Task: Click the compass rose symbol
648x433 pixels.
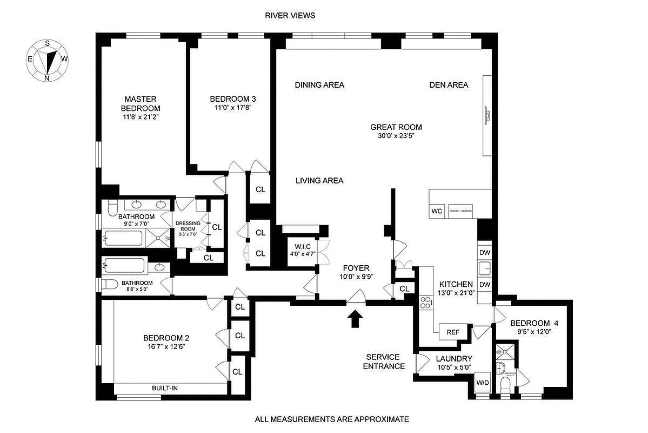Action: tap(48, 60)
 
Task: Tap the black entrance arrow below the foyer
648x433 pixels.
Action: tap(355, 319)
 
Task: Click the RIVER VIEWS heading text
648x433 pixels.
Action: tap(290, 16)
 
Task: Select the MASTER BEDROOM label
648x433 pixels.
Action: tap(141, 103)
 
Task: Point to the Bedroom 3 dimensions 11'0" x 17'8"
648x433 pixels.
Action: tap(232, 108)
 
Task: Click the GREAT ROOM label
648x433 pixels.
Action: tap(396, 127)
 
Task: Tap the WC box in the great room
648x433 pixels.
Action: tap(437, 211)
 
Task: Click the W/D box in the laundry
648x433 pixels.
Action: tap(482, 383)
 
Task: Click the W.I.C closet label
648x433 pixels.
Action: tap(301, 247)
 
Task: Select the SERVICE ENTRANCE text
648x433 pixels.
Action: tap(383, 362)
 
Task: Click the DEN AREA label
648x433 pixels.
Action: tap(449, 85)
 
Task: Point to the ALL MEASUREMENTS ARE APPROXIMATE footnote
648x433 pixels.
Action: tap(332, 419)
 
